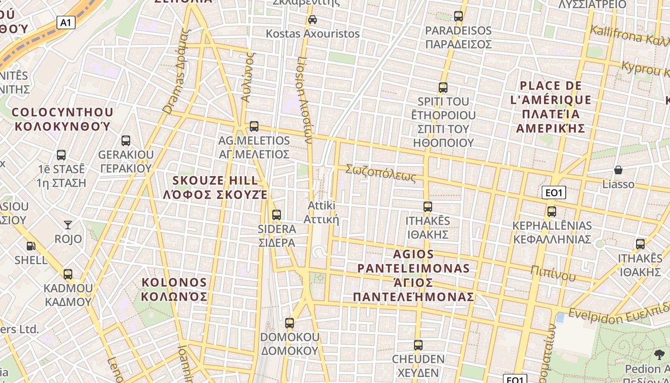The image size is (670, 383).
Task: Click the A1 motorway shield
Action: (66, 23)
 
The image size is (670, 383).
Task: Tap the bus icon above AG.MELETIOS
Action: (254, 126)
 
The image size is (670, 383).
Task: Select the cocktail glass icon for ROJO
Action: (68, 225)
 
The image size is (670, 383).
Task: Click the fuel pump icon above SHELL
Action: (31, 246)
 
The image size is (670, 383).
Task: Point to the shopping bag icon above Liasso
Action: (618, 170)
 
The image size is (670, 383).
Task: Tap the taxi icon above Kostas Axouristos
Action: (313, 20)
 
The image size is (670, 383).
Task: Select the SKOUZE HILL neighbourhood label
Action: (215, 188)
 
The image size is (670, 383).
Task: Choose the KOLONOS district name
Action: (174, 289)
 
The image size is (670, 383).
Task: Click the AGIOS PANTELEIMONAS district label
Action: (414, 275)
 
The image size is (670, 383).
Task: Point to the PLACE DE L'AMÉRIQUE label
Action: (555, 107)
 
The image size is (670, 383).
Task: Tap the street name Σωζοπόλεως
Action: (381, 173)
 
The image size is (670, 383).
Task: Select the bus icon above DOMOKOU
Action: (290, 323)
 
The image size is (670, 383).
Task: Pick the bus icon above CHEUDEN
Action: (418, 345)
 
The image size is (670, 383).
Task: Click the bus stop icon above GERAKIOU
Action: (126, 141)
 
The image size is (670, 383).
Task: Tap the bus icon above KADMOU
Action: (68, 274)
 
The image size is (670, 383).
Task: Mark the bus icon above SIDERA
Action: (277, 214)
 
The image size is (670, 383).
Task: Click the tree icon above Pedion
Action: (659, 355)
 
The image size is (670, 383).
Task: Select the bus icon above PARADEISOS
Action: (458, 16)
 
